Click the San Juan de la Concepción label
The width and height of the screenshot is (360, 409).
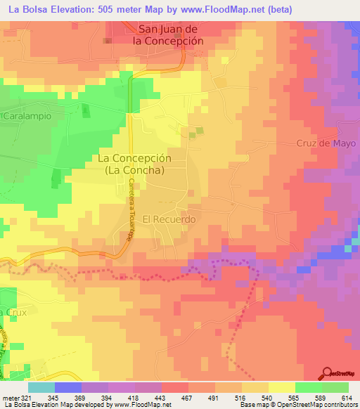point(169,35)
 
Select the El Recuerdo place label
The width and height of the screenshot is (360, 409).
point(169,219)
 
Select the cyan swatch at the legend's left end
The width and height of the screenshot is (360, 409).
point(41,387)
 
